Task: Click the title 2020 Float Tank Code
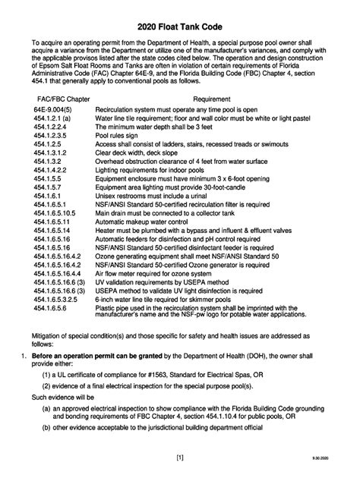[x=180, y=28]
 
